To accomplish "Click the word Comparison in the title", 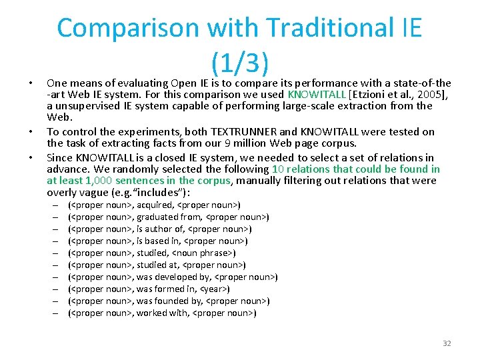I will [127, 28].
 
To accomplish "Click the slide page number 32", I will [447, 343].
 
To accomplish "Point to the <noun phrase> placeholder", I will [203, 253].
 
